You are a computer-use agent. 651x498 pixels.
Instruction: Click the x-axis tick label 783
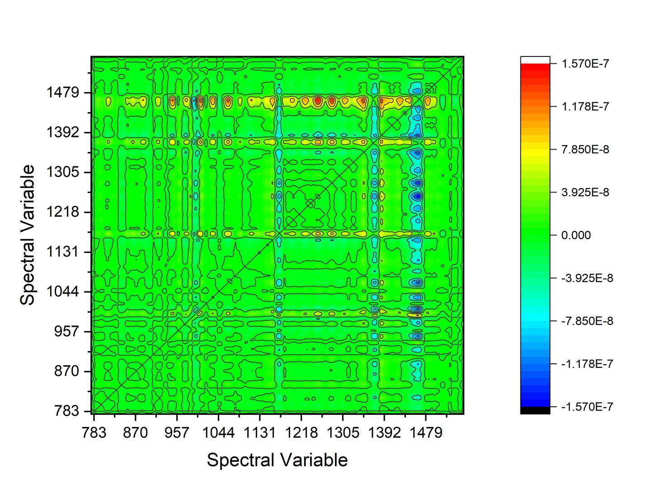(x=94, y=433)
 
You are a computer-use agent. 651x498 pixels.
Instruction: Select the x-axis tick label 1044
(x=218, y=433)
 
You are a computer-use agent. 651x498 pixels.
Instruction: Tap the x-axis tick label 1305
(x=343, y=433)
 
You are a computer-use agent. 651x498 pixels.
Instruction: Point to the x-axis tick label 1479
(x=426, y=433)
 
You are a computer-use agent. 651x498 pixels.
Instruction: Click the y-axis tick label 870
(x=66, y=371)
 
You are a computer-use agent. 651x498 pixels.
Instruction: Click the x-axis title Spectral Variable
(x=277, y=460)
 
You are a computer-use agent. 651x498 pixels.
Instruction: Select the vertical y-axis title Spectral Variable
(x=28, y=235)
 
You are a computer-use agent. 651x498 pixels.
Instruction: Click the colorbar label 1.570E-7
(x=585, y=64)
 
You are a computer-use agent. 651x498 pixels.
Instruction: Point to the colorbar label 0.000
(x=576, y=235)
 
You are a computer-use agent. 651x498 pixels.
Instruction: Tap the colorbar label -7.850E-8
(x=587, y=321)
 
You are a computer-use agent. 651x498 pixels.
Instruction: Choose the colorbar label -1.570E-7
(x=587, y=407)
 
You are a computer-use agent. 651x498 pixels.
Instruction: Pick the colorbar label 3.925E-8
(x=585, y=193)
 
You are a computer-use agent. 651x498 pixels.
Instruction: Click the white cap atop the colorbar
(x=535, y=60)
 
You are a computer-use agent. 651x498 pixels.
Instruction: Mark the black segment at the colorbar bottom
(x=535, y=410)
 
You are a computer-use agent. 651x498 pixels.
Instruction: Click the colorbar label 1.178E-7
(x=585, y=107)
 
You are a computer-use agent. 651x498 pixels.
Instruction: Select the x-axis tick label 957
(x=177, y=433)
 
